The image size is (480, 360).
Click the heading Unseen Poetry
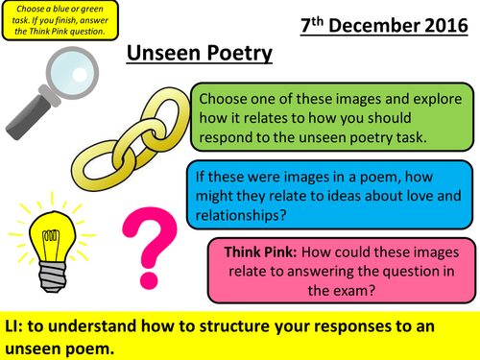tap(200, 54)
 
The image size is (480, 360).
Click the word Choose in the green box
tap(228, 99)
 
